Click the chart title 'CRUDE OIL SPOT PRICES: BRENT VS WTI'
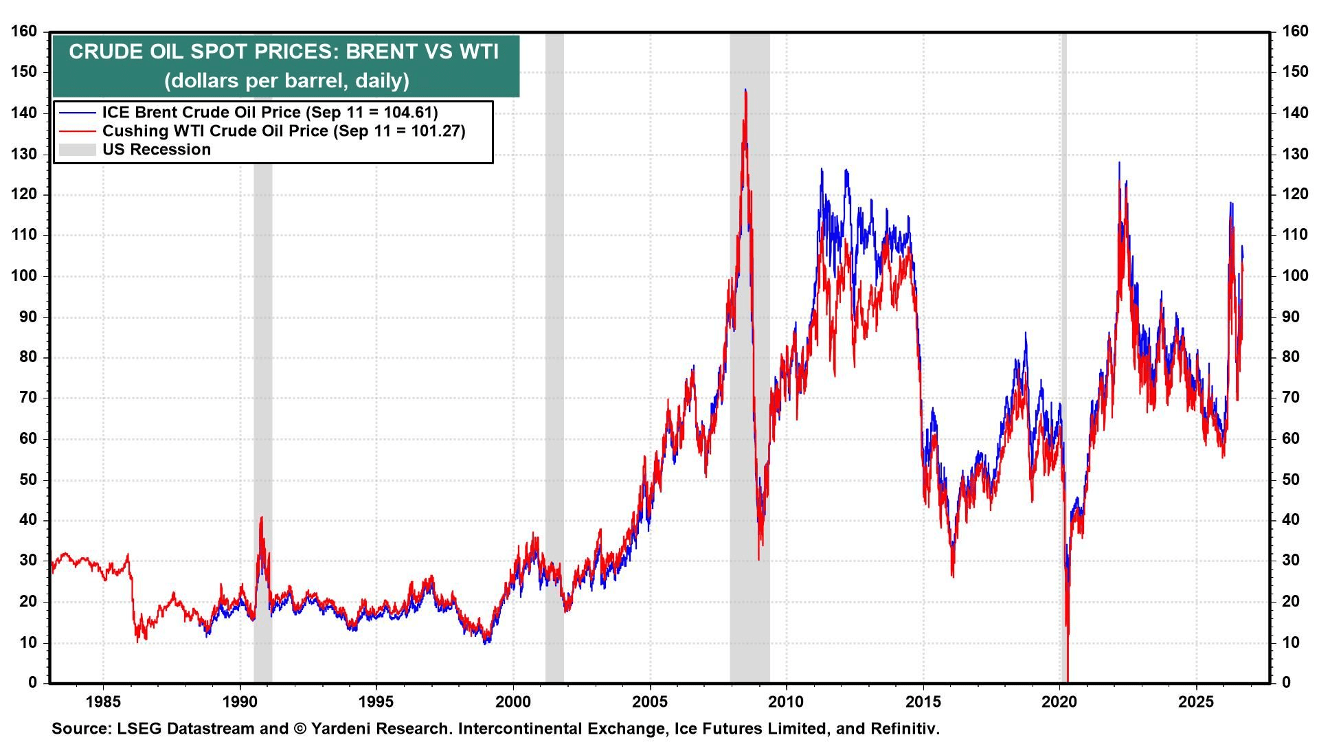pos(284,52)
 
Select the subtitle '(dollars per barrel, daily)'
pos(286,80)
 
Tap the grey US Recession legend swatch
pos(78,150)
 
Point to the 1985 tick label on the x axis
pos(103,701)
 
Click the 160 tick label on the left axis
pos(25,31)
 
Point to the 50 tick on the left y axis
pos(29,480)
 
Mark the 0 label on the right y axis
pos(1285,682)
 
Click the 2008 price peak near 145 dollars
pos(745,89)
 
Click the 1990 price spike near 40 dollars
pos(262,517)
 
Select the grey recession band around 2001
pos(554,357)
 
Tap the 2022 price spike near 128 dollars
pos(1119,164)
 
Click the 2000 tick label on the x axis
pos(513,701)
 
